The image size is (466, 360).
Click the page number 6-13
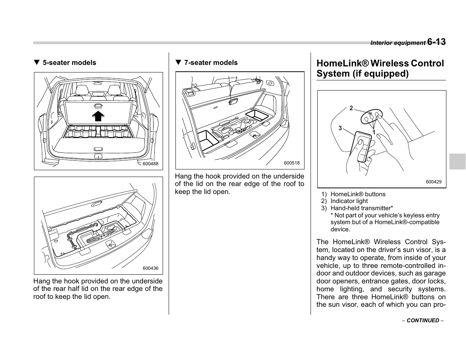437,42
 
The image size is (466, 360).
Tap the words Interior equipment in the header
398,43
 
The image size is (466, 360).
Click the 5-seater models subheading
69,63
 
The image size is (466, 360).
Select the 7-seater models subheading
211,63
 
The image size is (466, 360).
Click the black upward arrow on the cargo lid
98,115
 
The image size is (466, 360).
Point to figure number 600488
150,164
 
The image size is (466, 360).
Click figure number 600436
150,268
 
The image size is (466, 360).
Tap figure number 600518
292,163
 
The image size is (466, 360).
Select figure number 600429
434,182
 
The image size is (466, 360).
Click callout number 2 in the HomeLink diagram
351,108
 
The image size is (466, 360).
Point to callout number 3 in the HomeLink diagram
340,128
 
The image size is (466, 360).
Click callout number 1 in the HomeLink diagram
374,132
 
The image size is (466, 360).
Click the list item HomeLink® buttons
358,194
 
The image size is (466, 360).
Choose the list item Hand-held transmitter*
361,208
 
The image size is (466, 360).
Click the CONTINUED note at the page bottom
423,320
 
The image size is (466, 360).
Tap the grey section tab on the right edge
457,161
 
